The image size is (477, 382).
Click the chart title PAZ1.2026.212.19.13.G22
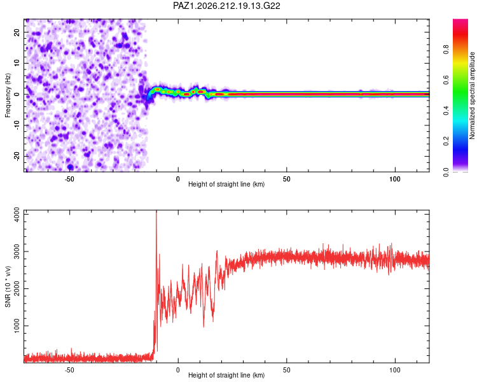tap(226, 6)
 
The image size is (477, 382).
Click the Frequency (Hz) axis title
tap(8, 95)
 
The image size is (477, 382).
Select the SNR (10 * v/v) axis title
tap(8, 286)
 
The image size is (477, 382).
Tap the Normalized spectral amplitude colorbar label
tap(472, 95)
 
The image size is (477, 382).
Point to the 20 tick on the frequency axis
tap(17, 32)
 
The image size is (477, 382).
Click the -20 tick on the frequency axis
tap(17, 156)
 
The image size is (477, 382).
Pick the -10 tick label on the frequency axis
tap(17, 125)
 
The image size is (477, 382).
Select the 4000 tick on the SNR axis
tap(17, 215)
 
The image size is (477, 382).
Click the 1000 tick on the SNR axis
tap(17, 325)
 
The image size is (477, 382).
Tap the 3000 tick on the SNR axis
tap(17, 251)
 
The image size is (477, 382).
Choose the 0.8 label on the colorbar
tap(446, 49)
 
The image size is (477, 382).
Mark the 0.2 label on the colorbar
tap(446, 141)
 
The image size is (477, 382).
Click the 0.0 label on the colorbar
tap(446, 172)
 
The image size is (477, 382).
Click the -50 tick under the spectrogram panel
tap(69, 179)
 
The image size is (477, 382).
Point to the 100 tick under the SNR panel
tap(395, 370)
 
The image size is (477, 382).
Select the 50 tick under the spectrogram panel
tap(287, 179)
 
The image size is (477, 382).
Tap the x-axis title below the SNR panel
tap(226, 375)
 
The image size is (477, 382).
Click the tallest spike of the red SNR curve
tap(156, 211)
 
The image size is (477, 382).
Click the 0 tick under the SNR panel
tap(178, 370)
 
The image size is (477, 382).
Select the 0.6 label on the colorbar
tap(446, 80)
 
